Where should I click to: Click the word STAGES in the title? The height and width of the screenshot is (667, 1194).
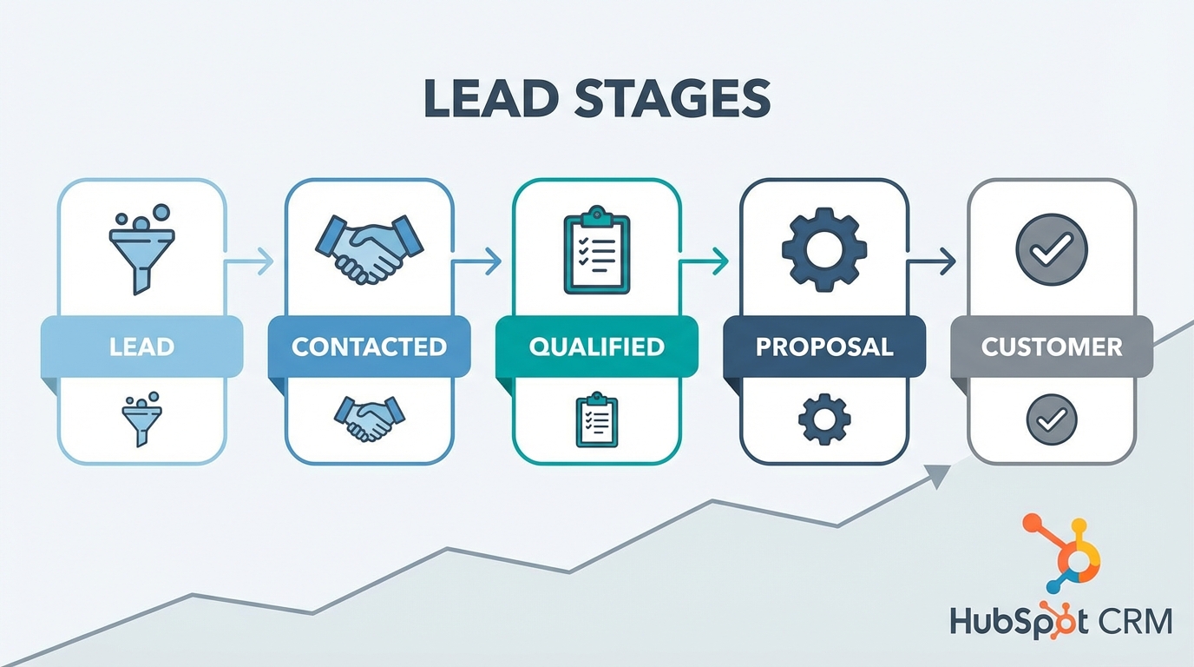(671, 100)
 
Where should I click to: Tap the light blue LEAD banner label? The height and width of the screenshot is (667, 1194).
(142, 347)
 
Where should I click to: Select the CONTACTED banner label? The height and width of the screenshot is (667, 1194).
(370, 347)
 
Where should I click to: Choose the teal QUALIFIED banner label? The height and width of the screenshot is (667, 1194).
(597, 347)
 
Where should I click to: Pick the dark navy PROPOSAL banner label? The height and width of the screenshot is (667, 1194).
(824, 347)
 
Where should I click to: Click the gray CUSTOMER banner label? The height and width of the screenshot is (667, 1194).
(1052, 347)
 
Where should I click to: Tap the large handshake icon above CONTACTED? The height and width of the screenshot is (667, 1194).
(369, 248)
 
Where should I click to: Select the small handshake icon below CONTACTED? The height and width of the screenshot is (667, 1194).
(369, 419)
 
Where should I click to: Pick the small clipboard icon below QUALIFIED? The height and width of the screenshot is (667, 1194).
(597, 420)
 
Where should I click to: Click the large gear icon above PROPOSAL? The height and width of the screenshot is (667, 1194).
(824, 248)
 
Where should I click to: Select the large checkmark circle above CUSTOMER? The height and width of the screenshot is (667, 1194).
(1052, 249)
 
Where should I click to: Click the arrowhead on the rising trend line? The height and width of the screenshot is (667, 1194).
(938, 472)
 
